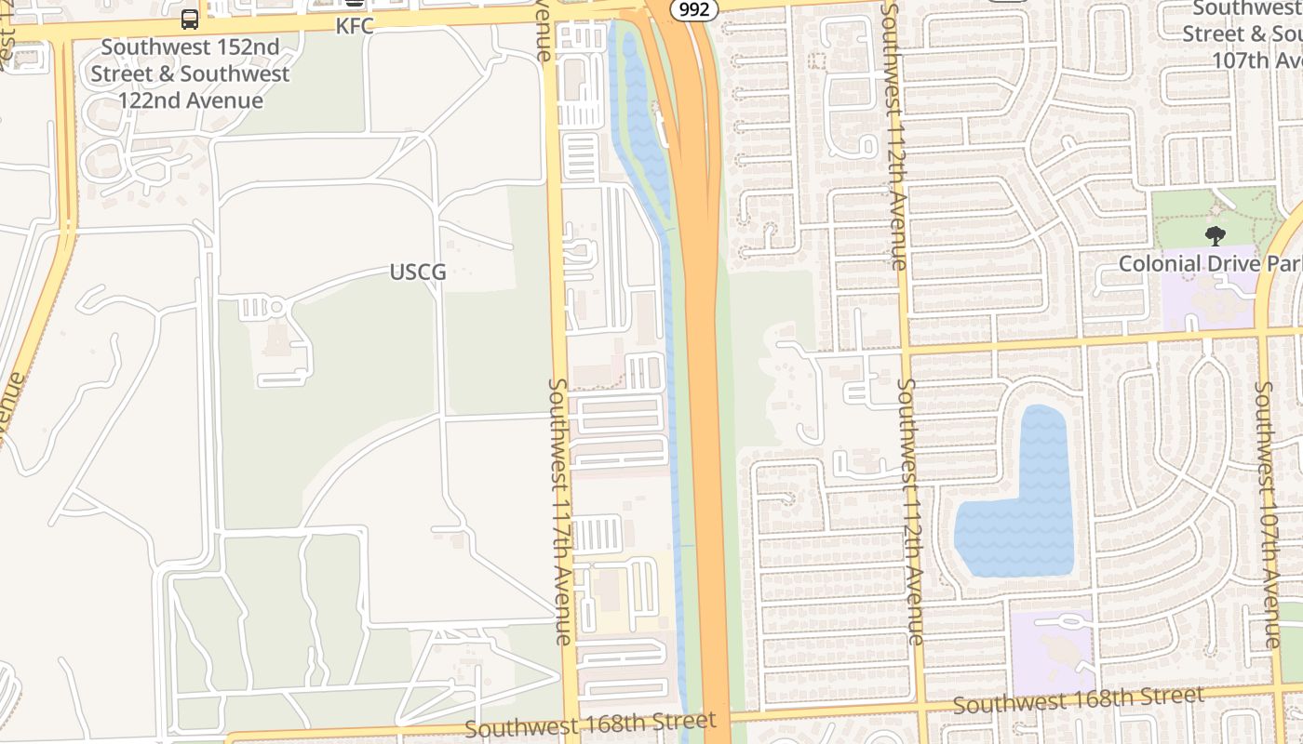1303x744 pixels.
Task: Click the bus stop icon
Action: pyautogui.click(x=190, y=19)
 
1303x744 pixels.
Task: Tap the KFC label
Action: pyautogui.click(x=355, y=26)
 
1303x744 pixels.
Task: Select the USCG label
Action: pyautogui.click(x=418, y=272)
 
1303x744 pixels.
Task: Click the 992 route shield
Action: pyautogui.click(x=693, y=9)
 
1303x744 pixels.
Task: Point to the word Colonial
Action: pyautogui.click(x=1160, y=264)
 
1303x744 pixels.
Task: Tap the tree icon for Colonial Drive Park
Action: pyautogui.click(x=1215, y=236)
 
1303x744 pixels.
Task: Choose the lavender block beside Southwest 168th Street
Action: pyautogui.click(x=1052, y=651)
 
